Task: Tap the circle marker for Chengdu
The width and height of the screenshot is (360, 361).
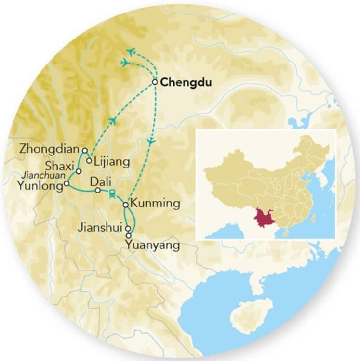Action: click(155, 82)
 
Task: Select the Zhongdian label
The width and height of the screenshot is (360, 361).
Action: click(50, 150)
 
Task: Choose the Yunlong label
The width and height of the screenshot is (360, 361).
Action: click(40, 184)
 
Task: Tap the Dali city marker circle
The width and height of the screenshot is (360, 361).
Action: click(98, 190)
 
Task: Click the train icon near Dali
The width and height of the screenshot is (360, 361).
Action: click(112, 194)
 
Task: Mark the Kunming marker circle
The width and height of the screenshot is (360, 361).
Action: click(125, 205)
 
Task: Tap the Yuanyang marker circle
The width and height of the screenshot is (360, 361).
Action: click(128, 235)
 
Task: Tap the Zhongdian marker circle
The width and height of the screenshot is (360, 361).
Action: click(85, 150)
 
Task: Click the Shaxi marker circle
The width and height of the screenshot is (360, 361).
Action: click(79, 171)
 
